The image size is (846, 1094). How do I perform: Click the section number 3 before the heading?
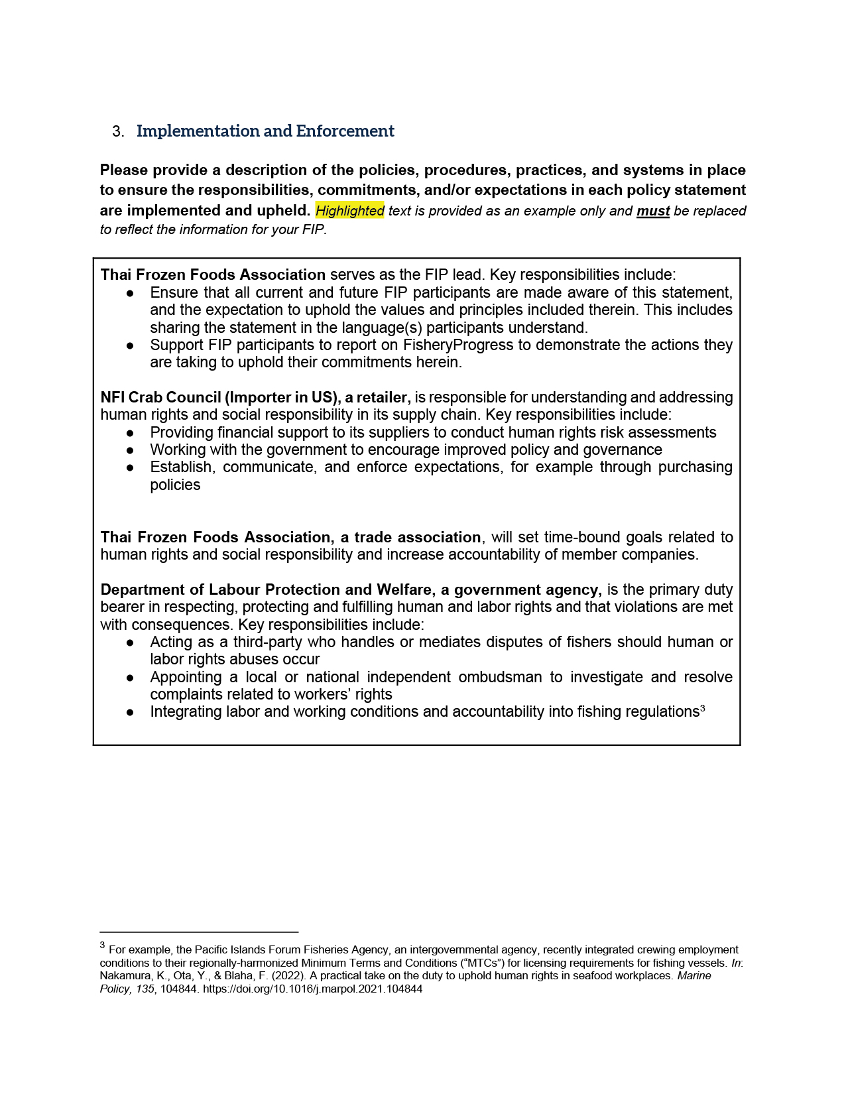pos(117,132)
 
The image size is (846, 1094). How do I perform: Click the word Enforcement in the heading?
pos(345,131)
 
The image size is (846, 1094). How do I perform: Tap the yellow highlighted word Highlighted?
pos(349,211)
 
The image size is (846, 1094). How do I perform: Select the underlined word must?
pos(653,211)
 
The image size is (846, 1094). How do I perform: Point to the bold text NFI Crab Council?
pos(161,397)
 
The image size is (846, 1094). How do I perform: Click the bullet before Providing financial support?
pos(131,433)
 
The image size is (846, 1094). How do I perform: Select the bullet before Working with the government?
pos(131,450)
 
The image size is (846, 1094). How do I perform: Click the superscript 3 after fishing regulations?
pos(703,709)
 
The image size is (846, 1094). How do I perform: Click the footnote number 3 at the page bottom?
pos(102,945)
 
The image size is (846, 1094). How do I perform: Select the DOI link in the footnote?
pos(312,989)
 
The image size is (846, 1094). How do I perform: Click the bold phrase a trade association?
pos(410,537)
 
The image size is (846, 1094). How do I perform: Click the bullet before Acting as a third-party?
pos(131,642)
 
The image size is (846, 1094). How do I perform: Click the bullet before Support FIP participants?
pos(131,345)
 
